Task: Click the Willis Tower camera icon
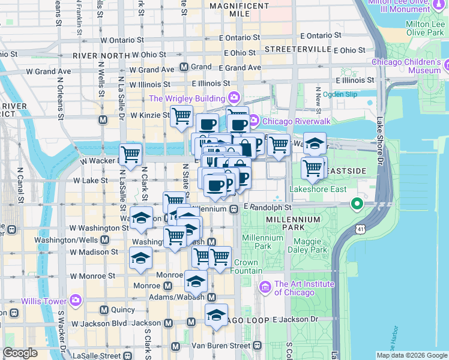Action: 76,299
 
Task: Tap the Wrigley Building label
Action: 187,98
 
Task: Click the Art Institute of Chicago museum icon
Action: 265,288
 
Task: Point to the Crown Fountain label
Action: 246,266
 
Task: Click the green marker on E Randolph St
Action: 357,205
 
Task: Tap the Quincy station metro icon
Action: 104,310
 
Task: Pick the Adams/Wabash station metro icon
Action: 211,297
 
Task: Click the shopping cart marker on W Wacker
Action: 130,155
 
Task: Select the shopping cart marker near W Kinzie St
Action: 181,116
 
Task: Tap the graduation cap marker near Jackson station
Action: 216,314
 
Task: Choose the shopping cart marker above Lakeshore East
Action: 313,169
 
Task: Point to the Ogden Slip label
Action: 340,94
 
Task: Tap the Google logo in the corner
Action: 20,353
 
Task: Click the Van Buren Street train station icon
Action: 258,346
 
